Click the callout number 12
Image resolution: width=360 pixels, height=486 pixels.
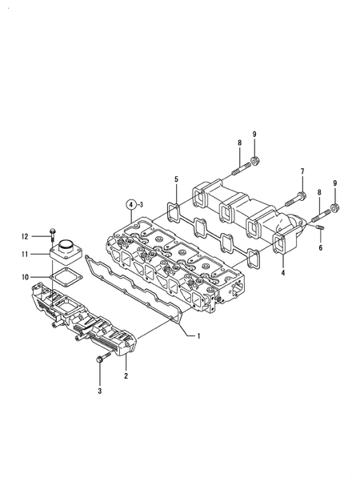[25, 236]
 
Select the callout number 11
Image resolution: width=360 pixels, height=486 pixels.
[25, 255]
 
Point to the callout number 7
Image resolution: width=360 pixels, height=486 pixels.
[302, 171]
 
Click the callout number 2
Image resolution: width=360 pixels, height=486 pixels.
[126, 374]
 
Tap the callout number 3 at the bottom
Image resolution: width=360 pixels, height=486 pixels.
[100, 392]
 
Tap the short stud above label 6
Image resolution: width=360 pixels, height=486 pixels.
[320, 231]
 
